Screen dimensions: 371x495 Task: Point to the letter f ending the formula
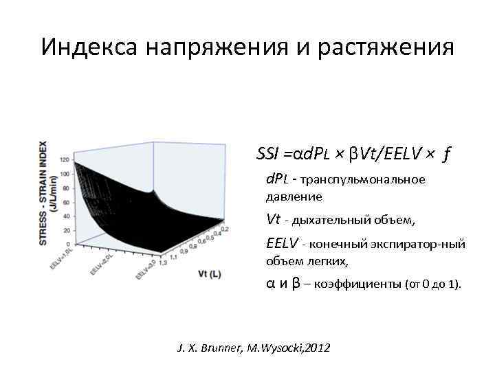447,154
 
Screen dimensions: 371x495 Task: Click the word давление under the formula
294,196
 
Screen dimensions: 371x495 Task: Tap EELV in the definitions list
281,243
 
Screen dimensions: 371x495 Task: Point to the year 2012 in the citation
316,348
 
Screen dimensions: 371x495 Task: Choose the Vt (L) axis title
209,274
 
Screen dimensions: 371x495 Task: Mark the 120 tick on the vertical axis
65,159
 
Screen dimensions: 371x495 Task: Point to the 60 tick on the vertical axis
66,202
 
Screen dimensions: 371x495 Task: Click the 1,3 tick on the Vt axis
164,262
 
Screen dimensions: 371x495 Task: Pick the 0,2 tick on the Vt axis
224,228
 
